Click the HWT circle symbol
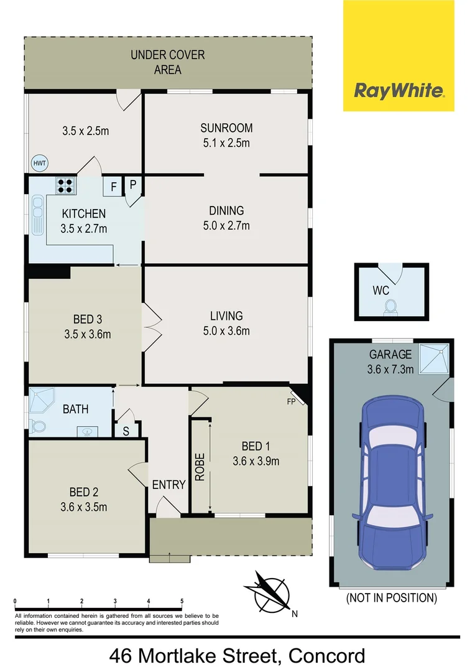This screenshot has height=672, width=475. (x=40, y=163)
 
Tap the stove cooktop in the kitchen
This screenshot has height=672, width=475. (x=65, y=186)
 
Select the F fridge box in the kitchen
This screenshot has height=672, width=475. (x=114, y=186)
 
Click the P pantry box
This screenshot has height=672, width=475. (x=132, y=185)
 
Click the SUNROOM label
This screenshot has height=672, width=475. (x=226, y=128)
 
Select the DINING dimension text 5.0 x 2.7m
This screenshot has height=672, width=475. (x=226, y=225)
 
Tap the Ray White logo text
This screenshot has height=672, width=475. (x=399, y=91)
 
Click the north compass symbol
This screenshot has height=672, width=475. (x=270, y=592)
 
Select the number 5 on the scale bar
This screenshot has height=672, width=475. (x=182, y=601)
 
